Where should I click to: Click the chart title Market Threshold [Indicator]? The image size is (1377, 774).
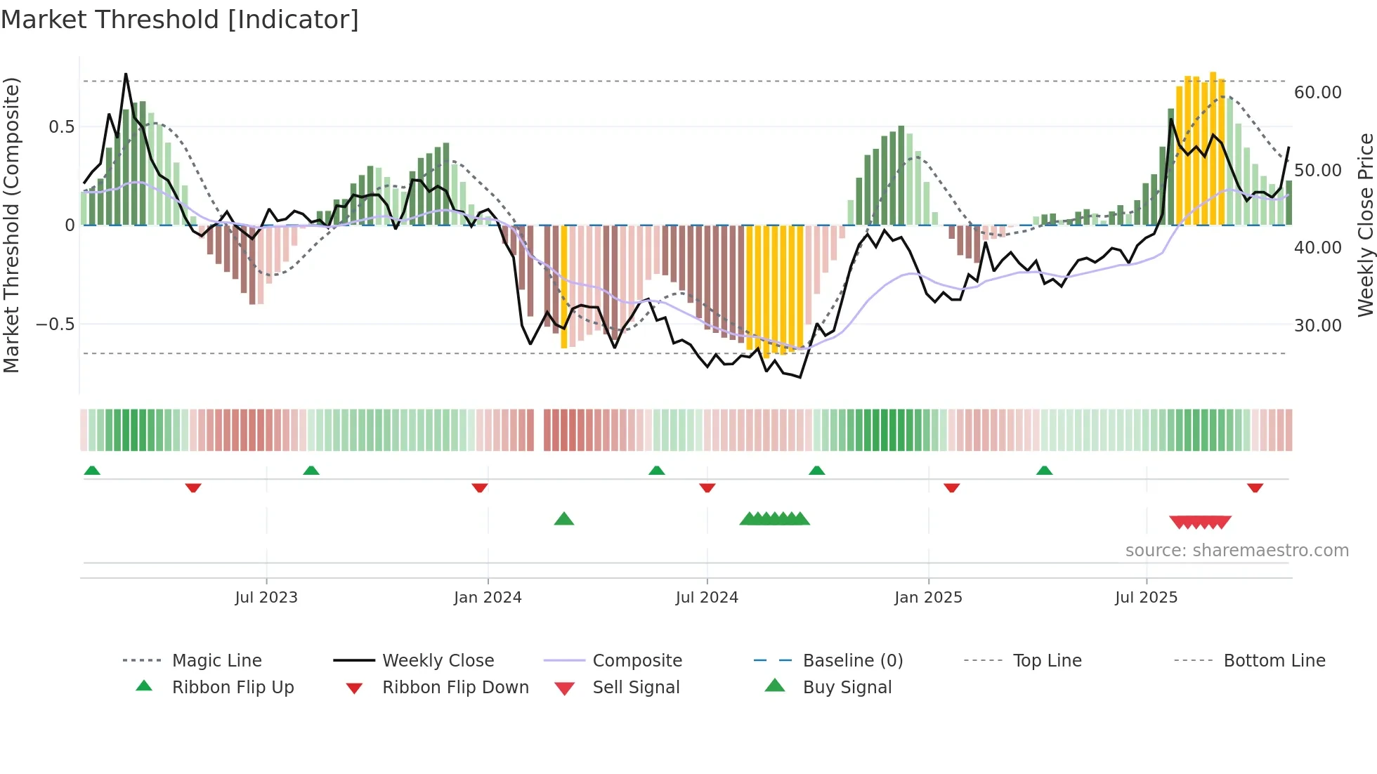tap(180, 20)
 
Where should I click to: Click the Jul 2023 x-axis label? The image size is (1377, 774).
tap(266, 598)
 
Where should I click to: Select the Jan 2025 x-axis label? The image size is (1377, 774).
tap(928, 598)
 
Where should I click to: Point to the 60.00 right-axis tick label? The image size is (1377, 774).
tap(1317, 93)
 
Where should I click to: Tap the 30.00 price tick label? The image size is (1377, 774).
tap(1317, 326)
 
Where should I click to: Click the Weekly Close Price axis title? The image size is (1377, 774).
tap(1365, 225)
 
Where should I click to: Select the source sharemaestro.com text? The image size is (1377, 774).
tap(1236, 551)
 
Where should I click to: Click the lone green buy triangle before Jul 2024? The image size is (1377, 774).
tap(564, 520)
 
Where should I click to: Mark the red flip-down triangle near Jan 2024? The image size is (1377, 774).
tap(480, 487)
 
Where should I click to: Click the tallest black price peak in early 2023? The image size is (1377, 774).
tap(126, 74)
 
